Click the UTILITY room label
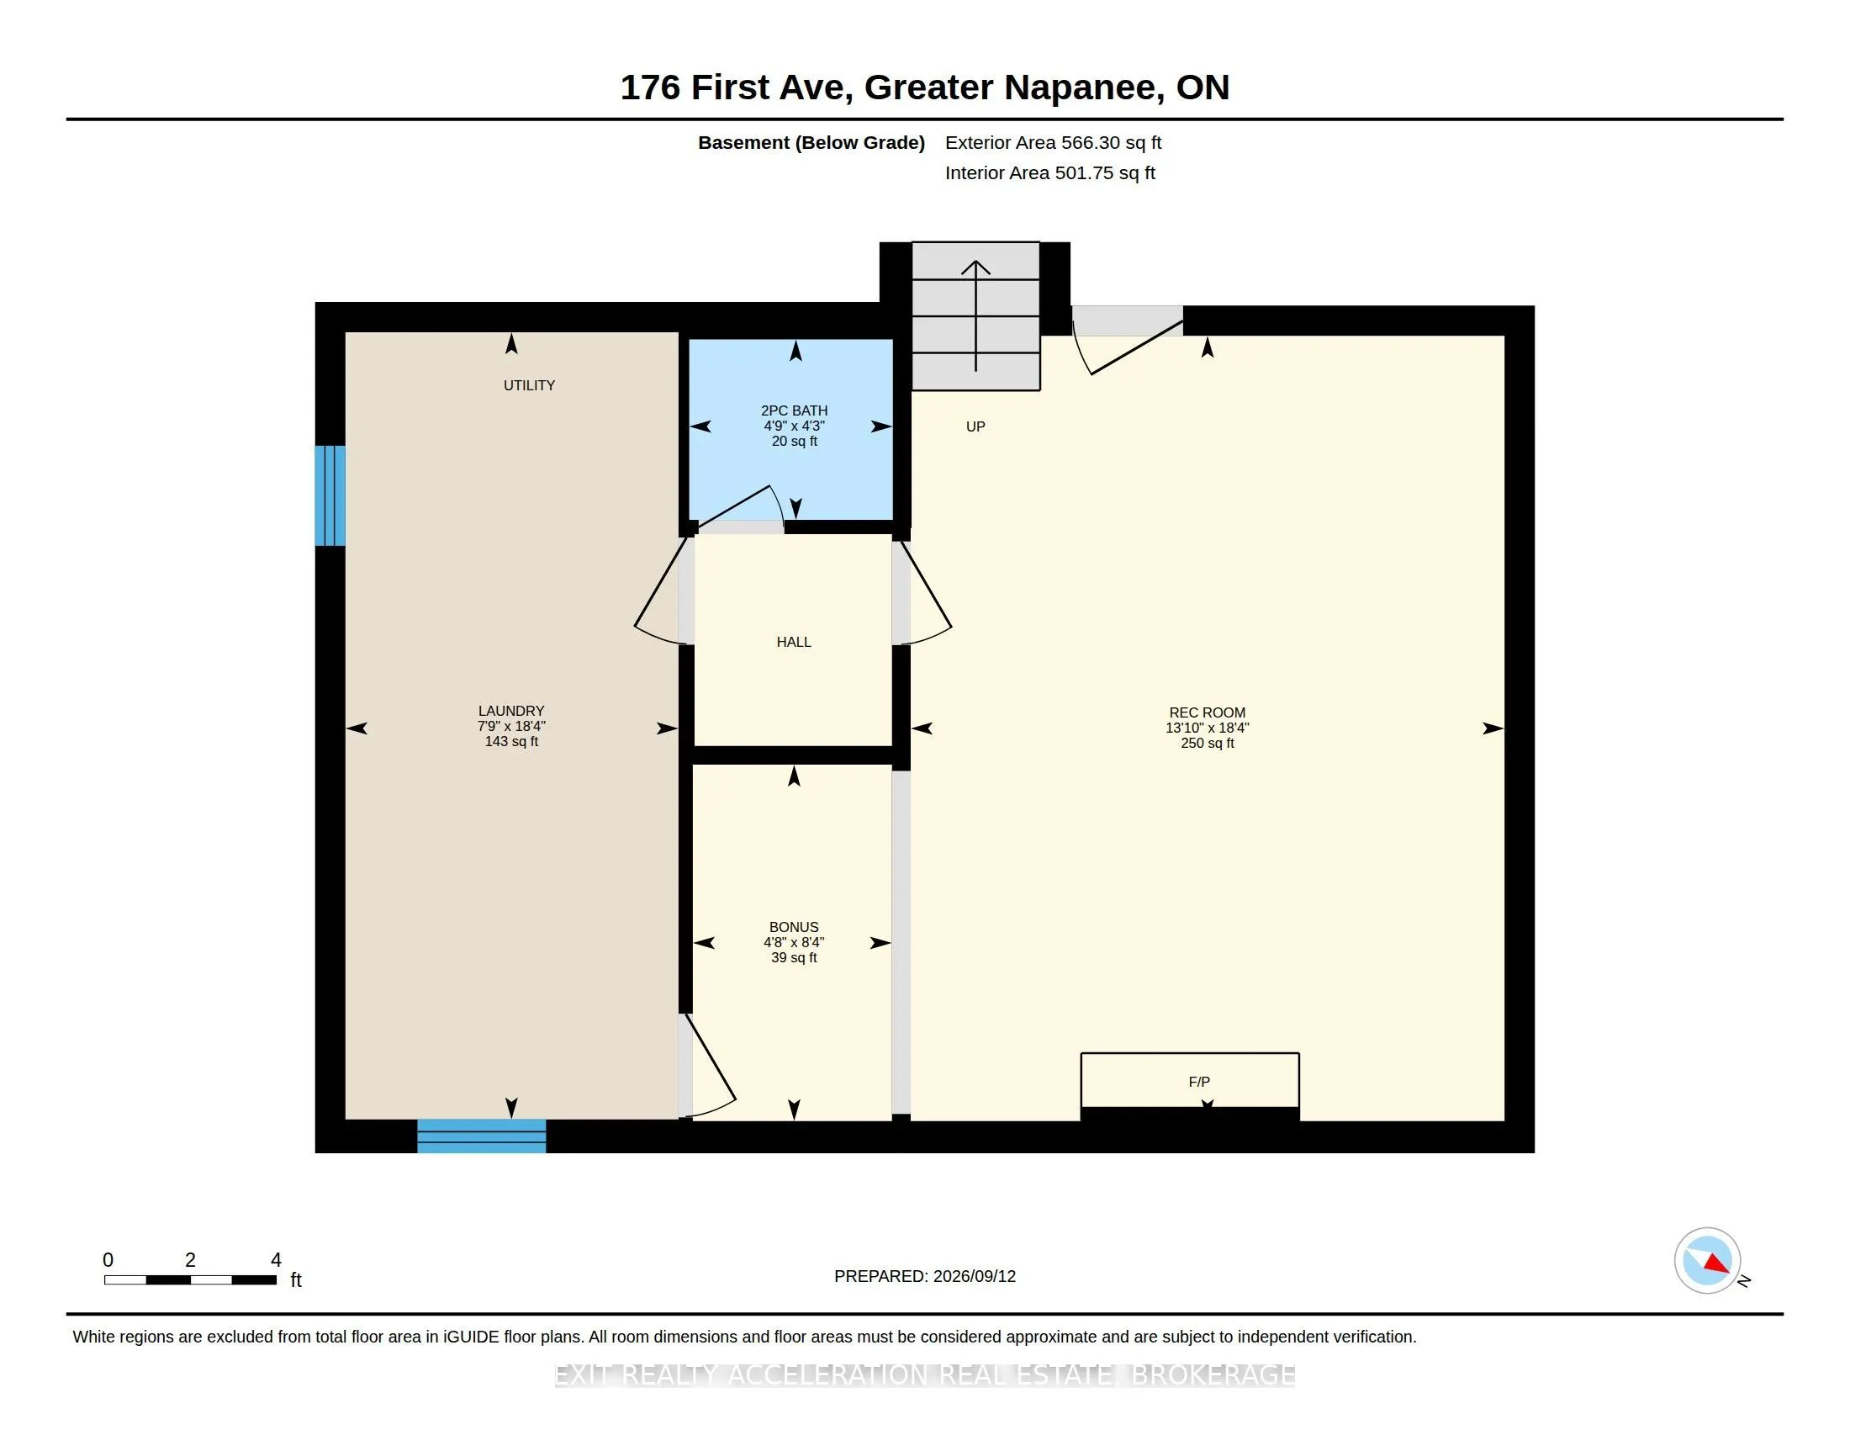tap(530, 385)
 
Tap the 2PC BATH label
tap(795, 410)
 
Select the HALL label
tap(794, 642)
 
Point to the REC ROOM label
tap(1207, 713)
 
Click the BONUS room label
tap(794, 928)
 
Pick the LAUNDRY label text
tap(510, 712)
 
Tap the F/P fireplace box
tap(1190, 1081)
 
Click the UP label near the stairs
tap(975, 427)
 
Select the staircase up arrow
tap(975, 316)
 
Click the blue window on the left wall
tap(330, 495)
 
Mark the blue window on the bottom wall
tap(481, 1136)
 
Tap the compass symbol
tap(1708, 1261)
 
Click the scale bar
tap(191, 1280)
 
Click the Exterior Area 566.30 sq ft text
tap(1053, 143)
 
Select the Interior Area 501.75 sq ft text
tap(1049, 173)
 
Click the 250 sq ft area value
tap(1207, 744)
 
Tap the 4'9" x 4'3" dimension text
tap(795, 426)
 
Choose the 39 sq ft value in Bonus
tap(794, 958)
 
